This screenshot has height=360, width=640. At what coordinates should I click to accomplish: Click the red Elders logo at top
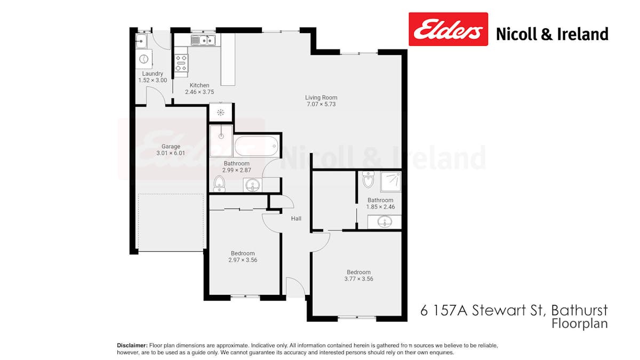tap(448, 29)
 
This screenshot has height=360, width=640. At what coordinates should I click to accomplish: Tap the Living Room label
tap(321, 98)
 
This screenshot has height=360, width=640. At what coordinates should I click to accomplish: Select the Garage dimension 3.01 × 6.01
tap(171, 154)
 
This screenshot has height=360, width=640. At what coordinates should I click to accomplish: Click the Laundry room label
tap(153, 74)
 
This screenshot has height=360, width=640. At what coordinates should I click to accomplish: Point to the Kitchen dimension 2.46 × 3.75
tap(199, 92)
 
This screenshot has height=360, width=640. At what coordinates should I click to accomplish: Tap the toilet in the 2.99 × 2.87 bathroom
tap(219, 183)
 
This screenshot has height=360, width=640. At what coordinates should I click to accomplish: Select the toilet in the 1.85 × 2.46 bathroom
tap(368, 181)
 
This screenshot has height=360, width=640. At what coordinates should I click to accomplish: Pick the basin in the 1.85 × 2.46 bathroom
tap(385, 221)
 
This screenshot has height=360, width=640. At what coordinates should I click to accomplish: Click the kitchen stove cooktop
tap(181, 63)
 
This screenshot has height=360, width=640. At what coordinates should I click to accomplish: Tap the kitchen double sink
tap(203, 40)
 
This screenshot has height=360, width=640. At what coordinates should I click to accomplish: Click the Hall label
tap(296, 219)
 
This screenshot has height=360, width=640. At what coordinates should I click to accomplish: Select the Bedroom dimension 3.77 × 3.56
tap(358, 279)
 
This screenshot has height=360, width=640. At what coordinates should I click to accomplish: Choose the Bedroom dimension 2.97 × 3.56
tap(243, 260)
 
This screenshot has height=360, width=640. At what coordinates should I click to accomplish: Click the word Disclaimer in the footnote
tap(132, 346)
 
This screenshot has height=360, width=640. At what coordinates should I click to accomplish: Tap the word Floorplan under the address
tap(579, 323)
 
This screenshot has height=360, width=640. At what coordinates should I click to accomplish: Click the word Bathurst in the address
tap(579, 310)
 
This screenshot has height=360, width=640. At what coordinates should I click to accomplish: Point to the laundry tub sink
tap(141, 40)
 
